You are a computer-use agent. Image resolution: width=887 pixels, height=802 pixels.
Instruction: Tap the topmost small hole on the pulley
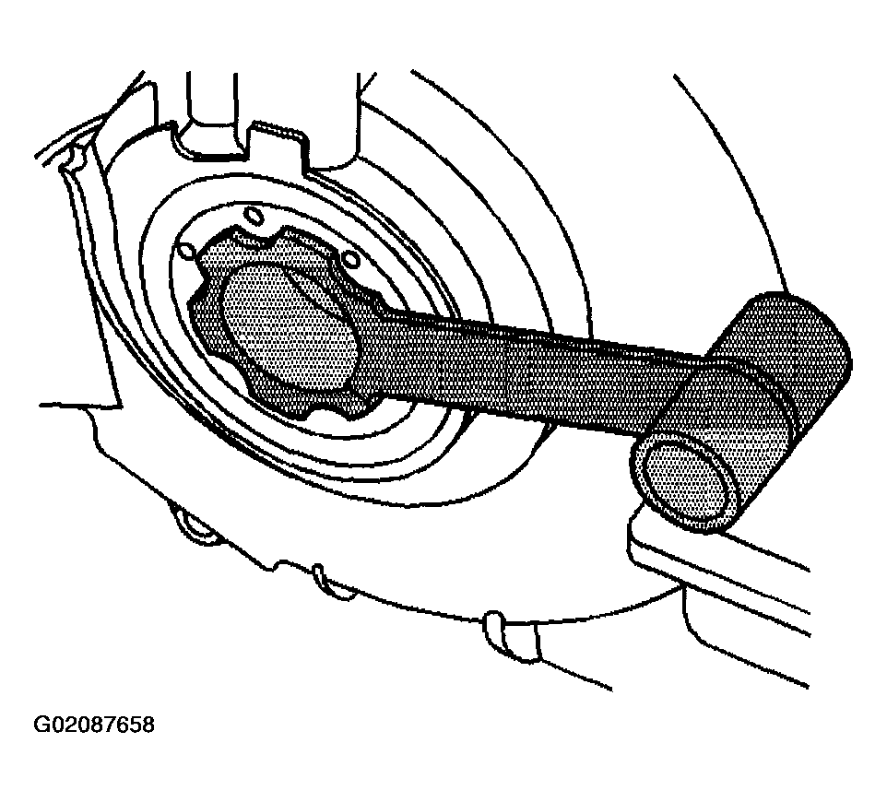[253, 217]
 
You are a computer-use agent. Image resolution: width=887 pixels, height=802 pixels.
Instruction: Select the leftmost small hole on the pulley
[185, 251]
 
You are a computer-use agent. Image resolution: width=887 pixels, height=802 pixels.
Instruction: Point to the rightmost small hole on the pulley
[351, 260]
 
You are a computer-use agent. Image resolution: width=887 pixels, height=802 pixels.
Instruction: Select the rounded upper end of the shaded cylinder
[803, 334]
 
